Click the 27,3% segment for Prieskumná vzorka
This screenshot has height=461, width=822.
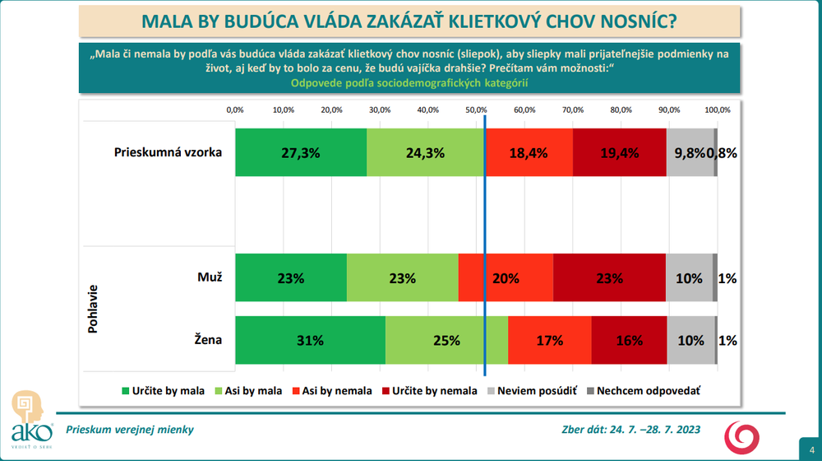point(301,152)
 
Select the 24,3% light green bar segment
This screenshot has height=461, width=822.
point(425,152)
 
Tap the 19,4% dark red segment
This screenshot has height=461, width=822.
point(619,152)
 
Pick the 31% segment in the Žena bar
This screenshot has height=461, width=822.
point(310,340)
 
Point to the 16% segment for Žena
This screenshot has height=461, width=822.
point(629,340)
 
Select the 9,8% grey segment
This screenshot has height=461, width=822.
point(690,152)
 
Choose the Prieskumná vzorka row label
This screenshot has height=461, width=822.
point(168,152)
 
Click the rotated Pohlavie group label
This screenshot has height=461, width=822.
point(93,310)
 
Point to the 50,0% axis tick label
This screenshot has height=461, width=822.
point(476,109)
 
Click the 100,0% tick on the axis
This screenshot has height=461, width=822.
point(717,109)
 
